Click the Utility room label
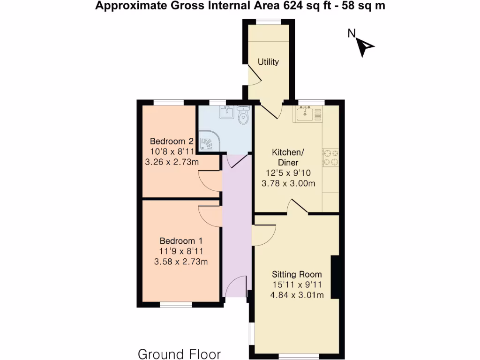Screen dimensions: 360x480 [x=268, y=62]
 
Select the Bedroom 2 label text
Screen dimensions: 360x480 [x=172, y=141]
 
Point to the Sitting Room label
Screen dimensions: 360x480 [x=297, y=274]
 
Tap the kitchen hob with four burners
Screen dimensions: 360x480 [x=330, y=157]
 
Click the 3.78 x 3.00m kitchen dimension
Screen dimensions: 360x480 [x=288, y=183]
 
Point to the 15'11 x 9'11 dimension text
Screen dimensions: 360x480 [x=297, y=285]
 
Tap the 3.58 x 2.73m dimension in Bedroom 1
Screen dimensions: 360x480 [x=180, y=262]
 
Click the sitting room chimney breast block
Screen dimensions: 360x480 [x=335, y=277]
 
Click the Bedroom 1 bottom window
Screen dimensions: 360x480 [x=176, y=305]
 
